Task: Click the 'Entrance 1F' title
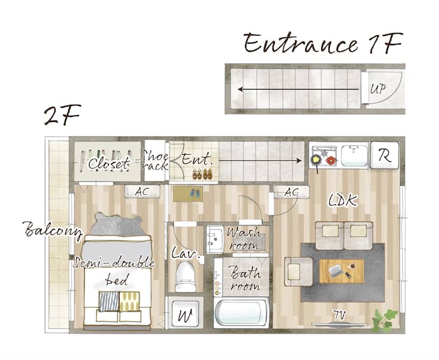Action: pyautogui.click(x=323, y=43)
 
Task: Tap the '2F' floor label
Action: pyautogui.click(x=63, y=115)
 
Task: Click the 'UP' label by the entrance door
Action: pyautogui.click(x=377, y=89)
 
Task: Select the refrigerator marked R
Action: pyautogui.click(x=385, y=155)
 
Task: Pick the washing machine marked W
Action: pyautogui.click(x=185, y=314)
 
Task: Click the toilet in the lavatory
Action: pyautogui.click(x=185, y=277)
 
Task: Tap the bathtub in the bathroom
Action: pyautogui.click(x=241, y=312)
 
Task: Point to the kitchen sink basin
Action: pyautogui.click(x=354, y=155)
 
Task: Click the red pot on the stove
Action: pyautogui.click(x=331, y=161)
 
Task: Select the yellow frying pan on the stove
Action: pyautogui.click(x=316, y=160)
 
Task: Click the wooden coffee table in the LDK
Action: pyautogui.click(x=341, y=271)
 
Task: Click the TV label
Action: pyautogui.click(x=340, y=315)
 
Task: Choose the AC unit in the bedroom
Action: pyautogui.click(x=142, y=192)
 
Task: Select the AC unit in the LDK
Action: pyautogui.click(x=291, y=192)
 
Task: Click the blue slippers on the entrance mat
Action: pyautogui.click(x=195, y=192)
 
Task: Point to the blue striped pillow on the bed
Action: pyautogui.click(x=109, y=302)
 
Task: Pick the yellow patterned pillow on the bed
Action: pyautogui.click(x=129, y=302)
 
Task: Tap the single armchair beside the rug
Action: pyautogui.click(x=298, y=271)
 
